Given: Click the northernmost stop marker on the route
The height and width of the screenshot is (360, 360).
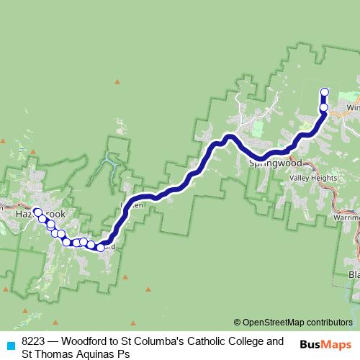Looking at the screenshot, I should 324,92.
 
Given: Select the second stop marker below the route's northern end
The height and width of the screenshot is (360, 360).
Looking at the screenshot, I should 324,107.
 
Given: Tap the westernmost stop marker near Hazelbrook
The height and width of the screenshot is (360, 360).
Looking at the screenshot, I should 37,212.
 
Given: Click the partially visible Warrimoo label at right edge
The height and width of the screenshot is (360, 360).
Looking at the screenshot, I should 347,215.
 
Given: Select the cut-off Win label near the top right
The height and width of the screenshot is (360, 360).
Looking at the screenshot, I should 352,107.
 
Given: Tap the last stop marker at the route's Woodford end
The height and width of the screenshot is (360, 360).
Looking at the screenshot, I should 100,247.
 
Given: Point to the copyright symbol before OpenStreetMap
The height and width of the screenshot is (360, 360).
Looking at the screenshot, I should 238,323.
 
